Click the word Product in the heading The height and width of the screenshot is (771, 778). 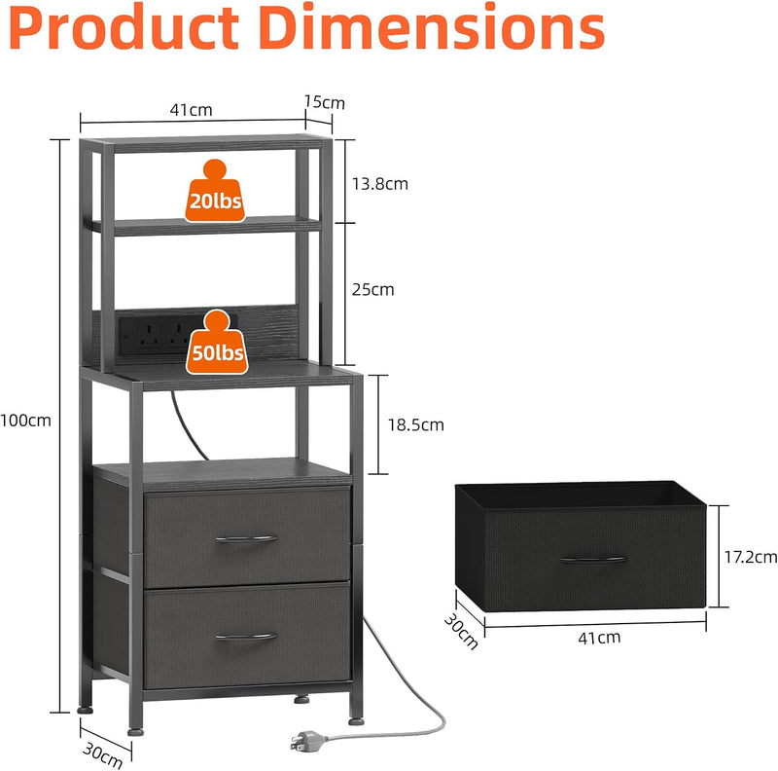(124, 28)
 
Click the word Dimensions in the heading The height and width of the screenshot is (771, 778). (431, 27)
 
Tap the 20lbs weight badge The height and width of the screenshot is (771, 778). (215, 191)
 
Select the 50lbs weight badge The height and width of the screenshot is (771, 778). (217, 343)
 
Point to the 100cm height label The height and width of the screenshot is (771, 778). (25, 421)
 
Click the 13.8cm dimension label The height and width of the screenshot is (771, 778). (380, 184)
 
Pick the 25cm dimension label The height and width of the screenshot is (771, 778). (373, 290)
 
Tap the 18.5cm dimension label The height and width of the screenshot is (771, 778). (416, 425)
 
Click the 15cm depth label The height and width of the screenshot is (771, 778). (325, 102)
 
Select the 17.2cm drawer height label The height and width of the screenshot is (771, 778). (750, 558)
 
